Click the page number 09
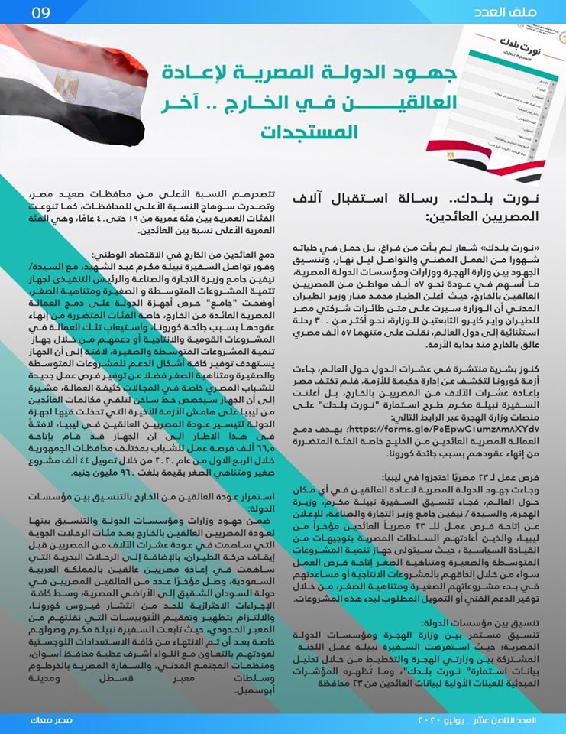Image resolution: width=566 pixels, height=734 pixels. pyautogui.click(x=39, y=14)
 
